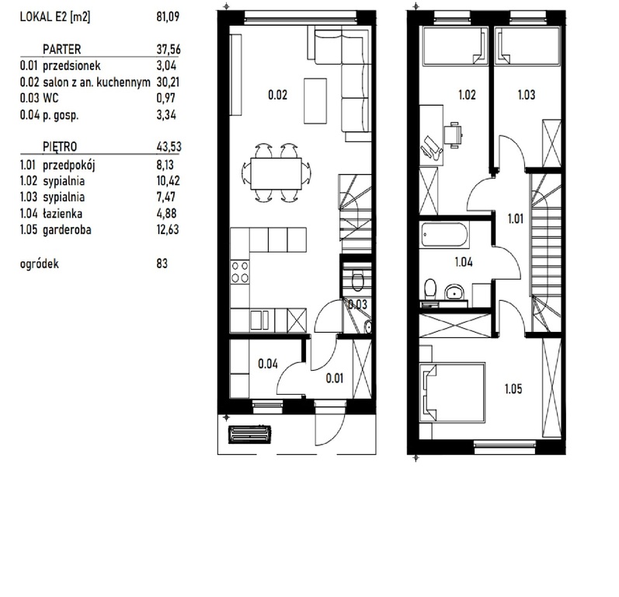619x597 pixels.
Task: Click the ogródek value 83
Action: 162,264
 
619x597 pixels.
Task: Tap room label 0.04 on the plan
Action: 268,361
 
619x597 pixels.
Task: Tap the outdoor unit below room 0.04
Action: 250,433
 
